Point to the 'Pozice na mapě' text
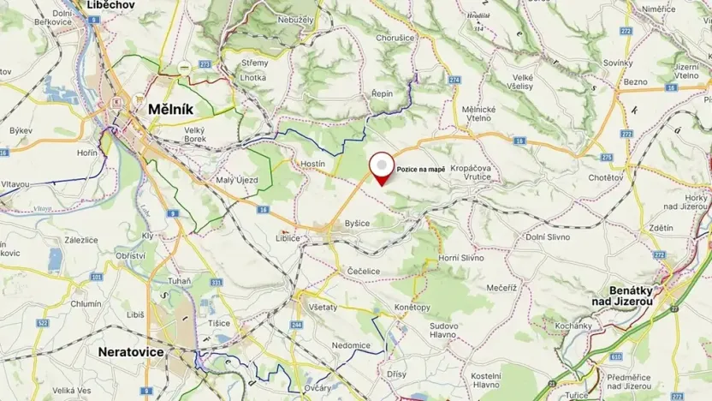(x=420, y=168)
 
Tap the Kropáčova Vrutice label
(x=471, y=173)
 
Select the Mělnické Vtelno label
(x=478, y=115)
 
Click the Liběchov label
(x=111, y=5)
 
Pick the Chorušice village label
(x=395, y=39)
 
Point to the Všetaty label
(x=323, y=306)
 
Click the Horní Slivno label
(x=461, y=258)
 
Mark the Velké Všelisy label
(x=523, y=82)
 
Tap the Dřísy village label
(x=396, y=374)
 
